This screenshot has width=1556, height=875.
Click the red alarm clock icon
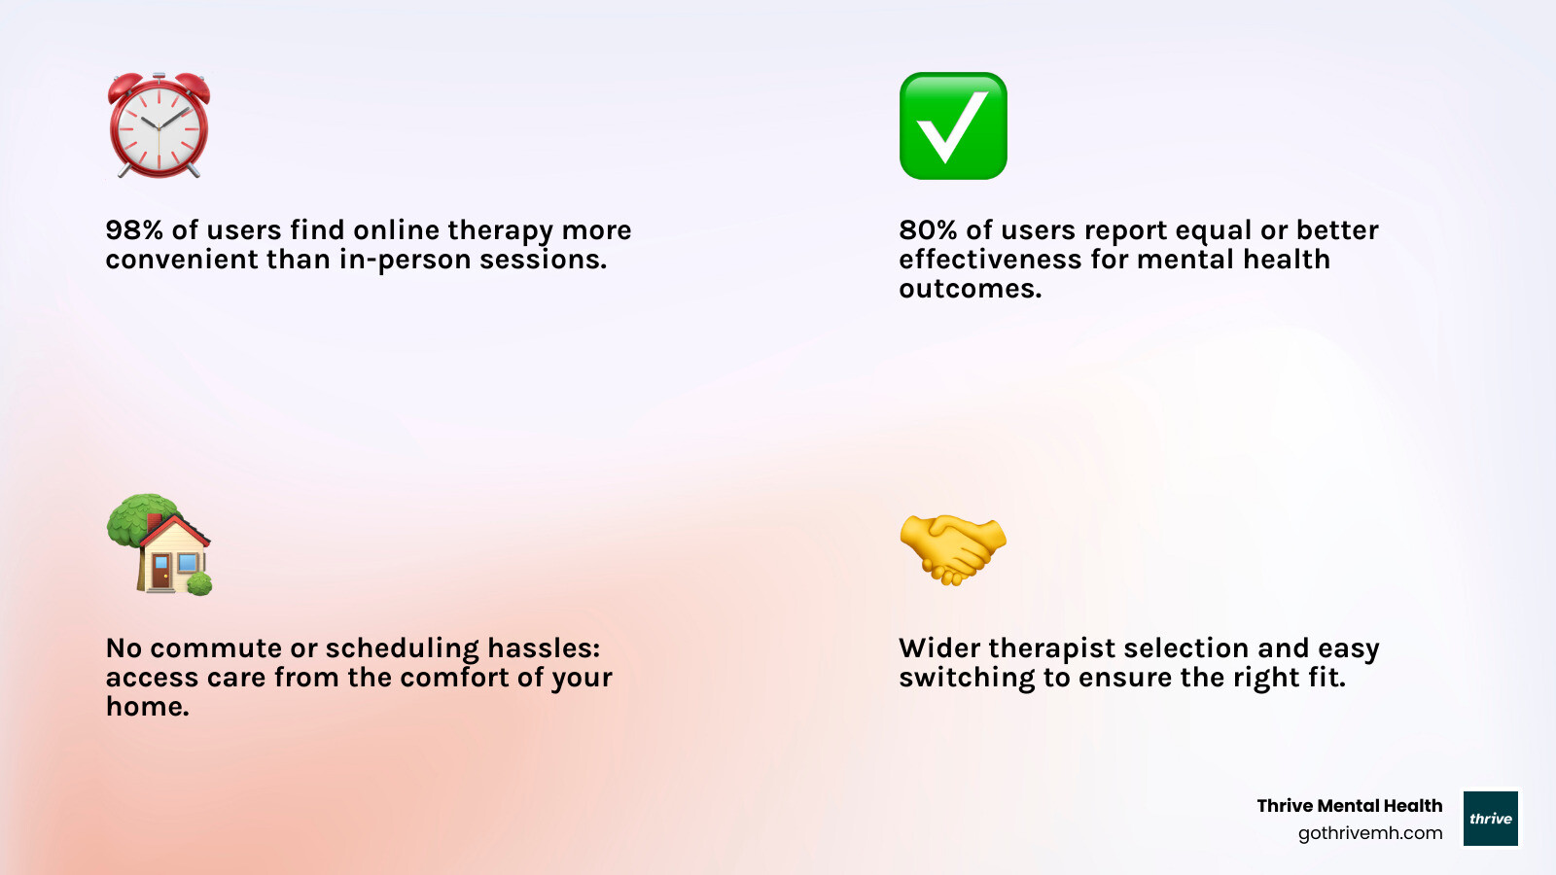159,125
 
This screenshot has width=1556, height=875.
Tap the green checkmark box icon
953,125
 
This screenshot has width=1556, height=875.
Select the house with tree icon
159,544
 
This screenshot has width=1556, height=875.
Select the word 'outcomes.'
971,289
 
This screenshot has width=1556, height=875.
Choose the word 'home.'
147,707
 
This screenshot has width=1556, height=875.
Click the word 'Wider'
939,648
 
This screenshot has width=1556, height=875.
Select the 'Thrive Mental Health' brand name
1350,806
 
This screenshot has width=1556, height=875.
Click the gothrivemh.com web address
1370,833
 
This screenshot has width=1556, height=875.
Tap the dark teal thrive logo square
1491,818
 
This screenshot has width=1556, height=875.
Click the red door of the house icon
161,574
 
